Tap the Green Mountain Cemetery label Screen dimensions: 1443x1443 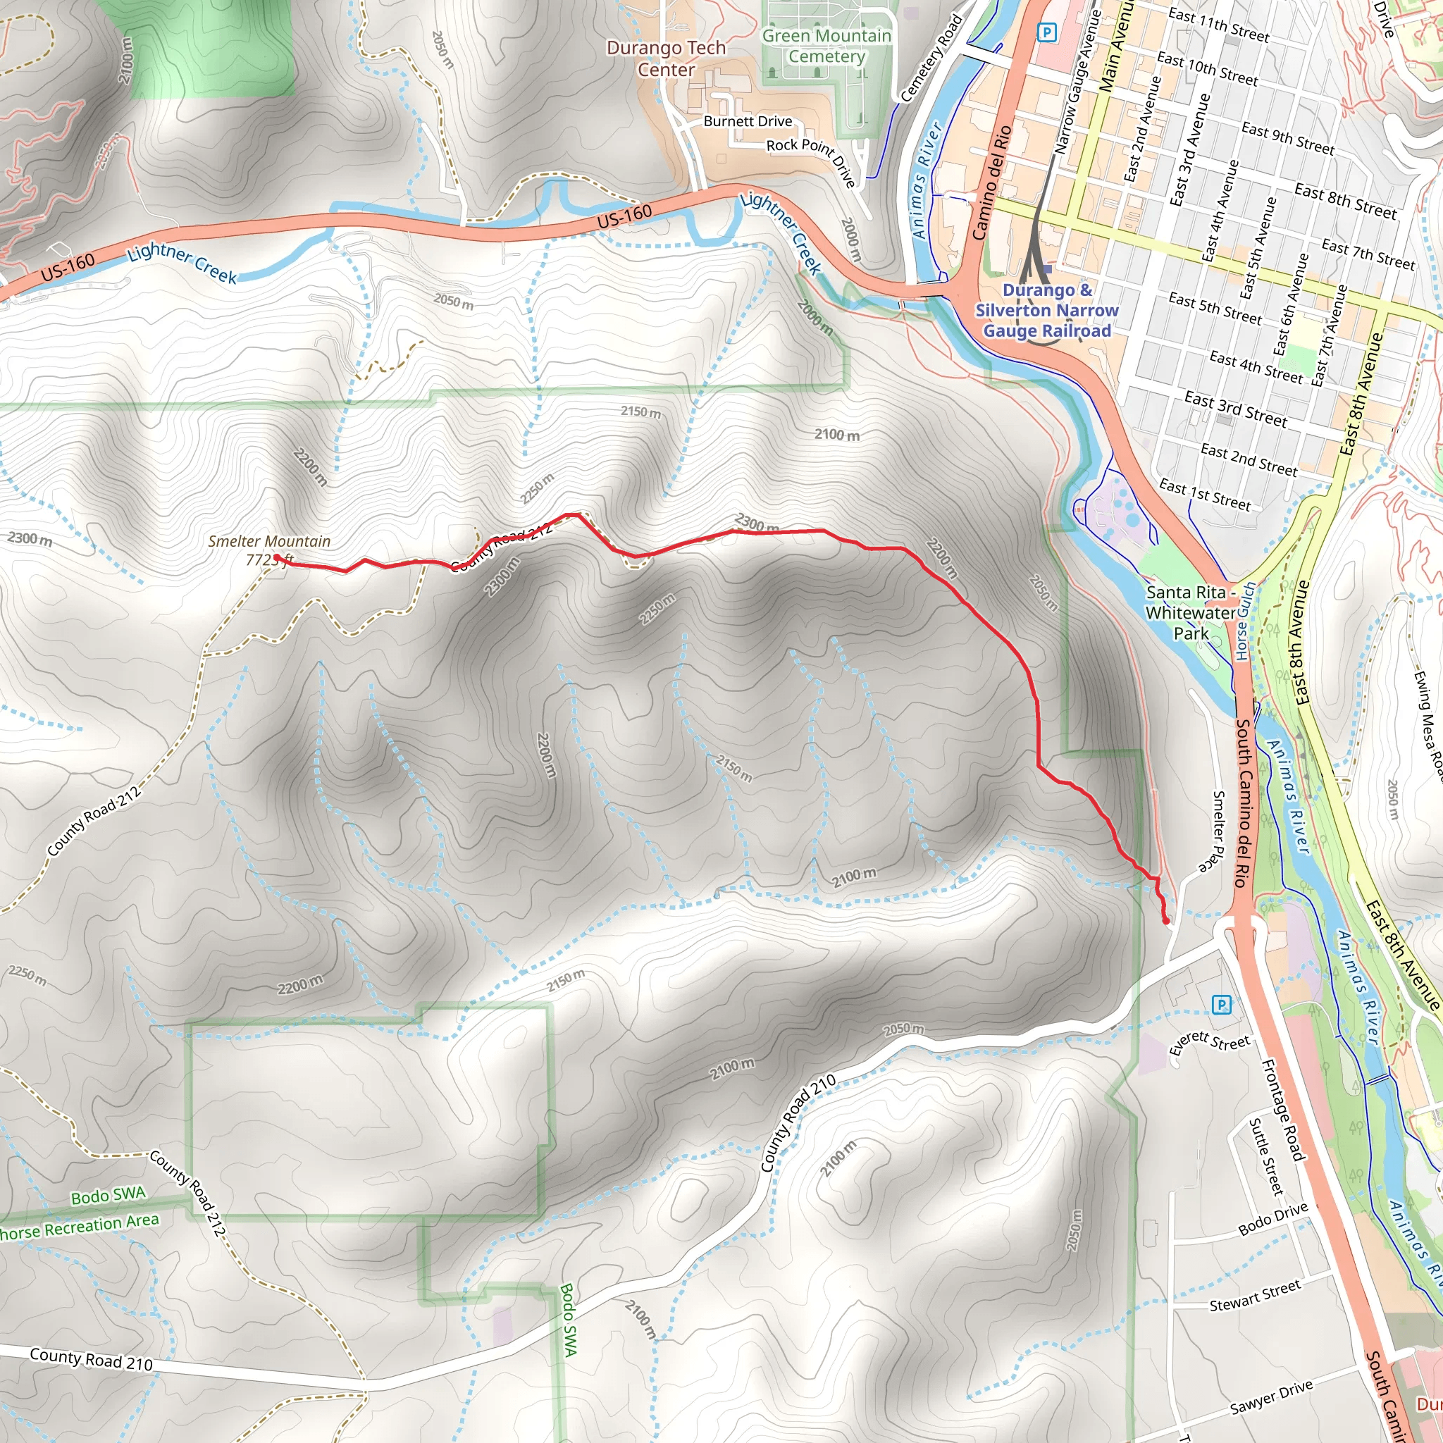tap(826, 46)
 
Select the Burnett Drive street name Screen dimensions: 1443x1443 tap(748, 121)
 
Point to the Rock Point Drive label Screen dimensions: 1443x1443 tap(812, 159)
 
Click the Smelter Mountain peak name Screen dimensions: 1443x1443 tap(269, 540)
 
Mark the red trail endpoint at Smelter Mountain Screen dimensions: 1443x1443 tap(276, 557)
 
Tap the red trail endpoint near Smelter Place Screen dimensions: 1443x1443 tap(1166, 921)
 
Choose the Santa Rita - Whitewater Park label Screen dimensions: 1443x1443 tap(1191, 612)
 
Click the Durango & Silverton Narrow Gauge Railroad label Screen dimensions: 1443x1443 tap(1046, 310)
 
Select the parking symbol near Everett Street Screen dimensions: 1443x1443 tap(1221, 1005)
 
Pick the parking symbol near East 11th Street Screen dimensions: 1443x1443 tap(1047, 32)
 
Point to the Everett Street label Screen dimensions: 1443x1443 tap(1209, 1042)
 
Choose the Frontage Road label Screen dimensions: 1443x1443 tap(1282, 1110)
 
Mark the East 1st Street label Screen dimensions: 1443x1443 tap(1205, 495)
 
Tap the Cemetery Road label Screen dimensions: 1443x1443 tap(931, 58)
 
